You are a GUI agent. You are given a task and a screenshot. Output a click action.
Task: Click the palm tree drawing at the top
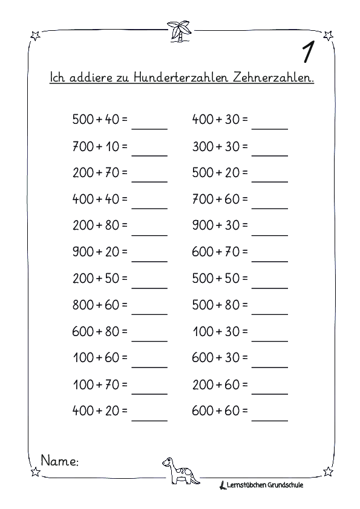(179, 31)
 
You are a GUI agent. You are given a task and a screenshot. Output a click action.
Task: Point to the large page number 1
(307, 53)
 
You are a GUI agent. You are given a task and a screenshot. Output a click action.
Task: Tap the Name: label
(59, 461)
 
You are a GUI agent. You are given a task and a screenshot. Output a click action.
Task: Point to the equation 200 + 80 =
(100, 225)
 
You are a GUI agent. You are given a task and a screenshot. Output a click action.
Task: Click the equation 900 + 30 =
(220, 225)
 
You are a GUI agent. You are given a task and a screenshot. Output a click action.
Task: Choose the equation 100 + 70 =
(100, 384)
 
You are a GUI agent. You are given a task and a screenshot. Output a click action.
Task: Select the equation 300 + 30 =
(220, 146)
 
